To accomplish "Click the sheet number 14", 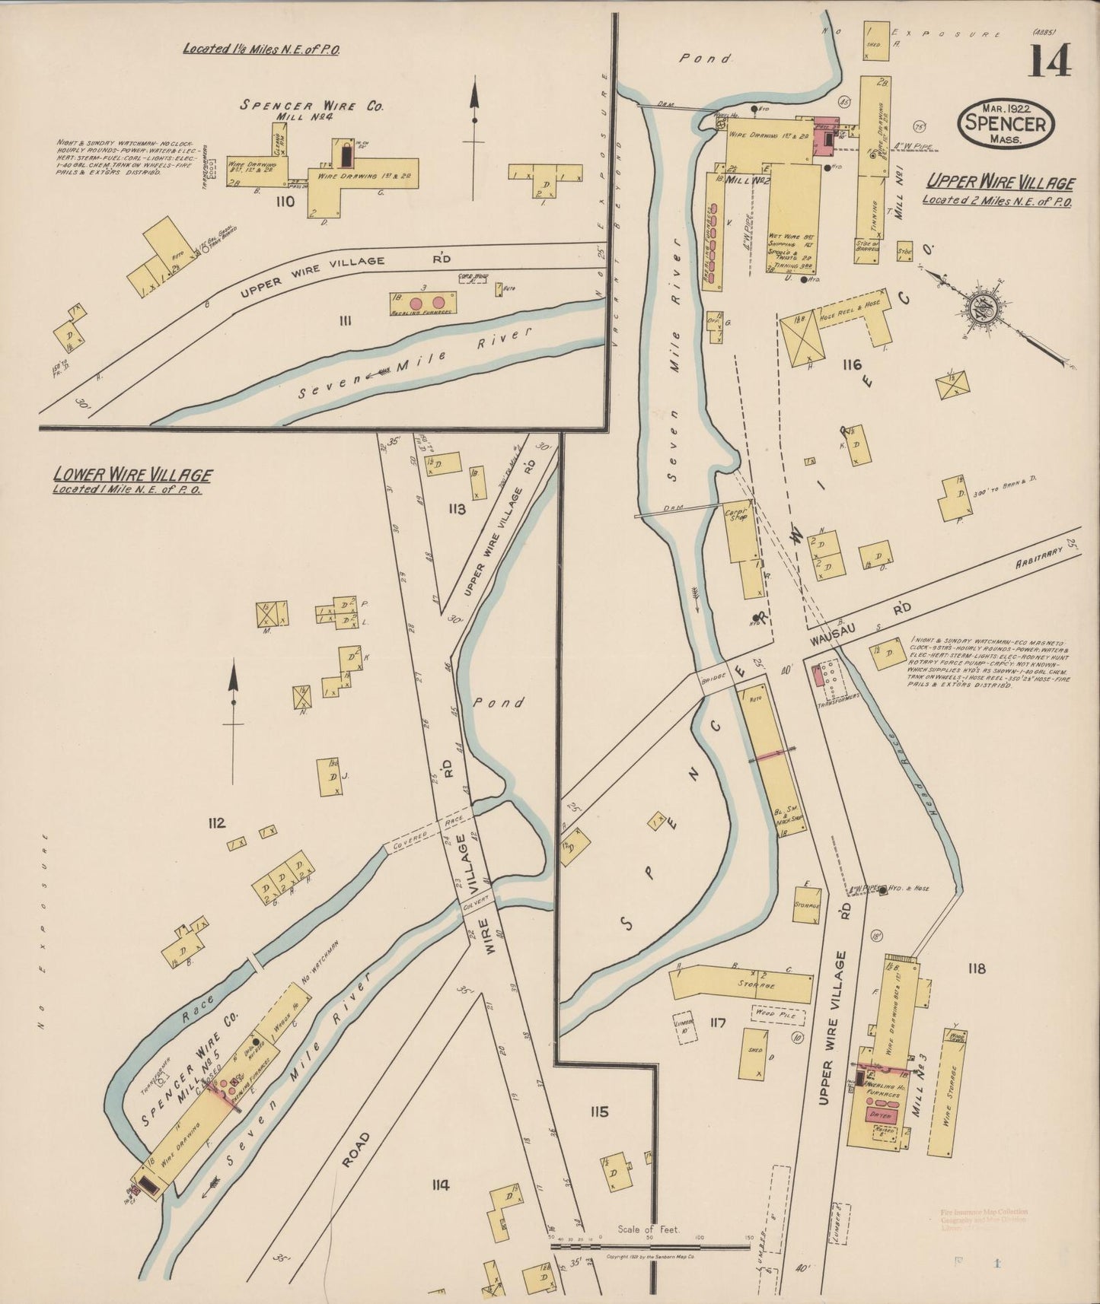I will [x=1051, y=61].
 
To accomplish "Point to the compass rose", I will [x=978, y=308].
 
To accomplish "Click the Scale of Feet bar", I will [x=651, y=1246].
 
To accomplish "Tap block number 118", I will [x=976, y=968].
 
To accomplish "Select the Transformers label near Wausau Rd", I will [x=840, y=701].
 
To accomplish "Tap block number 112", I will [x=216, y=822].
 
